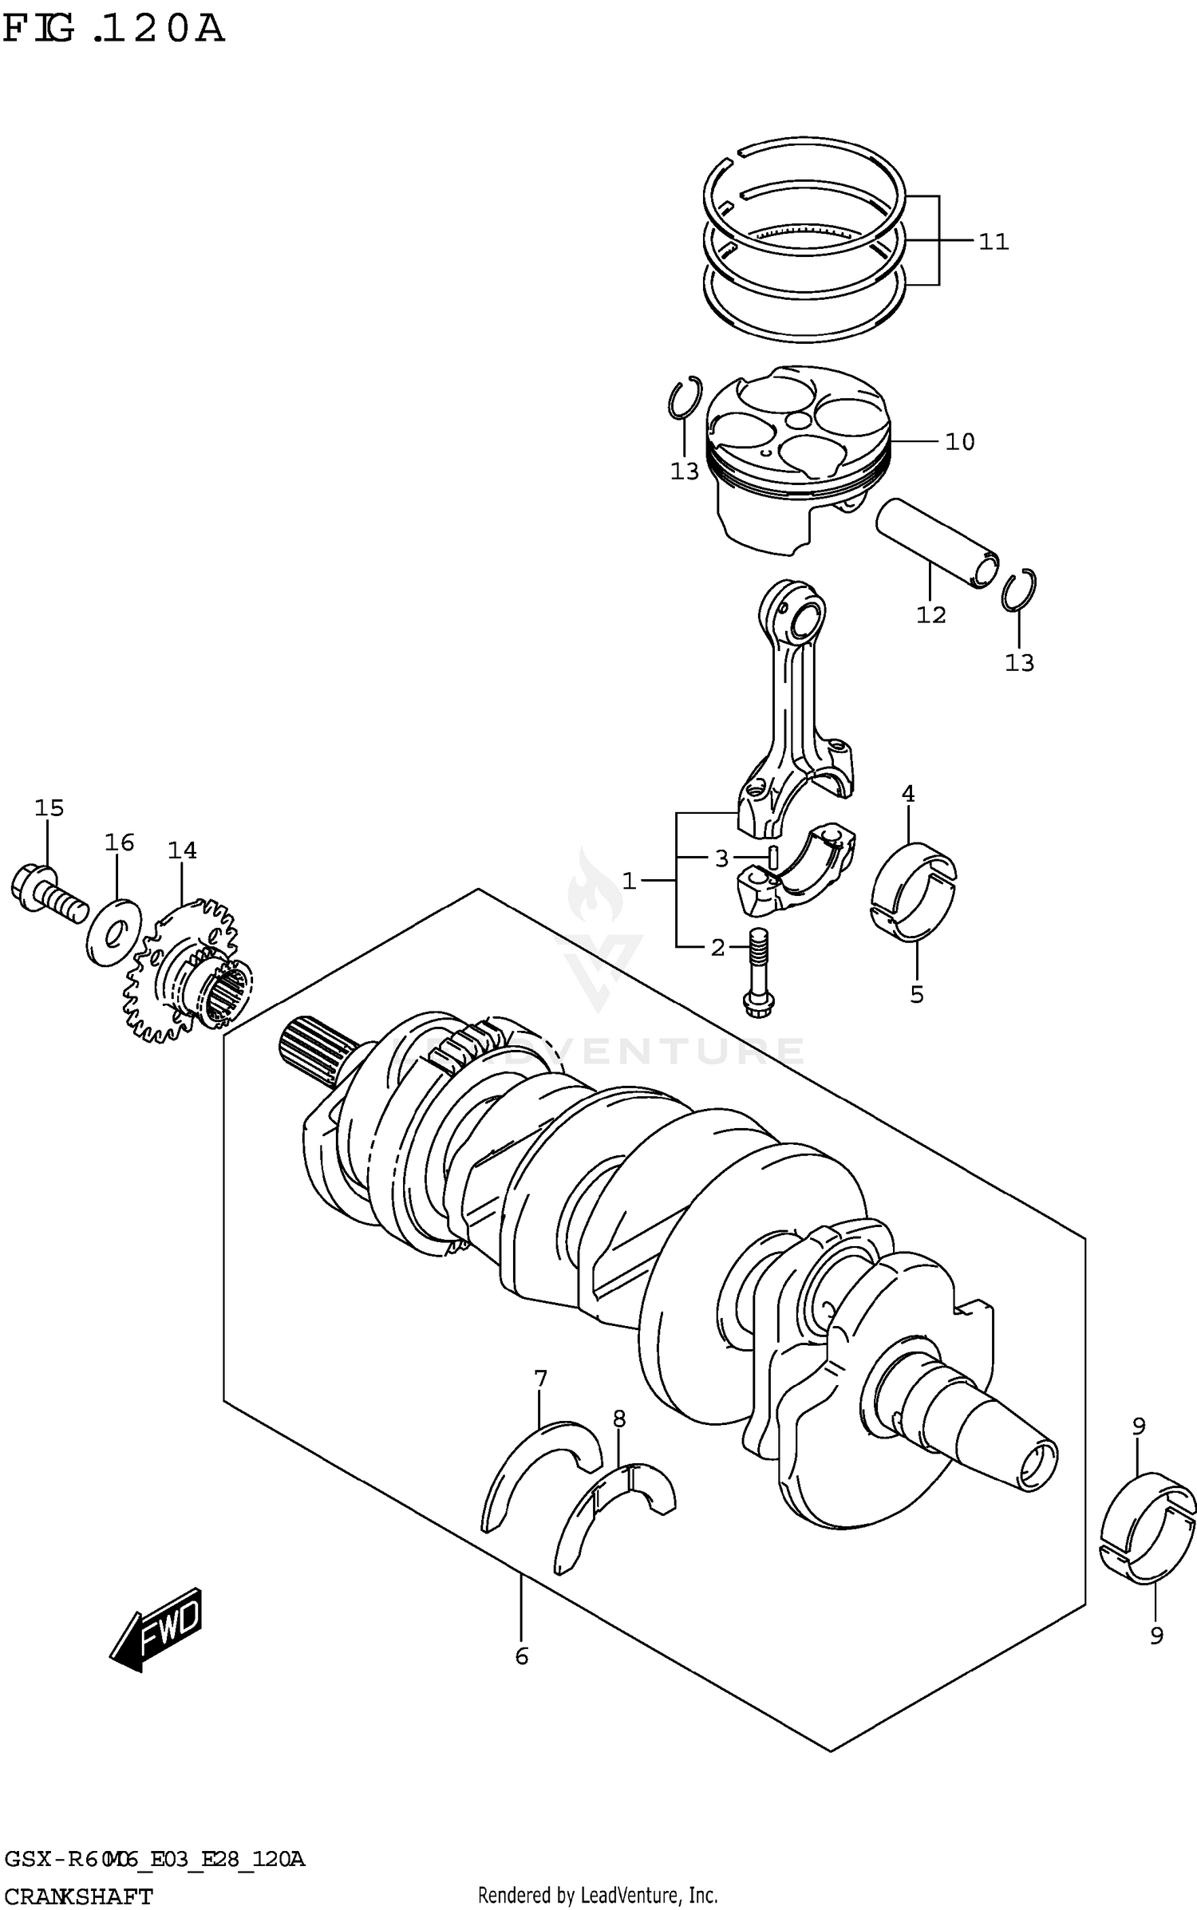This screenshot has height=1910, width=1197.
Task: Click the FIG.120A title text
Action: point(113,30)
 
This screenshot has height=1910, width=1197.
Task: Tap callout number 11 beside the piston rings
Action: point(994,242)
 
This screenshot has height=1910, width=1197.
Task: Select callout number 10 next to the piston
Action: point(959,442)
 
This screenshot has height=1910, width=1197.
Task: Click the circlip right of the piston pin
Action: point(1019,591)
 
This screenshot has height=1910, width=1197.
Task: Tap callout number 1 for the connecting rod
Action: point(629,881)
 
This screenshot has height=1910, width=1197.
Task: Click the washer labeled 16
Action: point(112,931)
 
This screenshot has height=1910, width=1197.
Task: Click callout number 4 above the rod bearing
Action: point(908,794)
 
